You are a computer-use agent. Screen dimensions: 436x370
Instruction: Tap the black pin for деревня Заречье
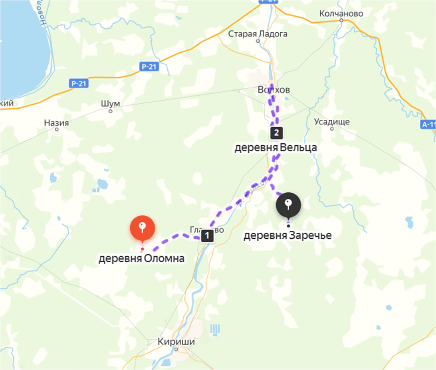289,205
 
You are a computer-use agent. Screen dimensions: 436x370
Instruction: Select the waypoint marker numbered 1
207,236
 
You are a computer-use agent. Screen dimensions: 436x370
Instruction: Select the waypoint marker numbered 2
275,133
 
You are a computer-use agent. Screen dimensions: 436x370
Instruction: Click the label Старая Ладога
258,34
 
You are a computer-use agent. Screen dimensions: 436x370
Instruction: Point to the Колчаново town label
341,14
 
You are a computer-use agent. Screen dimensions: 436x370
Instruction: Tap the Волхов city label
273,90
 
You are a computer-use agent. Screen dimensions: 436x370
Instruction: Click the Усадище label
332,121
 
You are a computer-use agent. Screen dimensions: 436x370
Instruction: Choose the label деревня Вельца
275,148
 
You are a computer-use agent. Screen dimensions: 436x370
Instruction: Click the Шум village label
111,104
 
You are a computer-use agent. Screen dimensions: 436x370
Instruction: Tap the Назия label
57,123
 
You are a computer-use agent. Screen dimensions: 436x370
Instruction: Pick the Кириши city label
176,342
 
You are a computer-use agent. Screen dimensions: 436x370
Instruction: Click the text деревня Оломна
142,259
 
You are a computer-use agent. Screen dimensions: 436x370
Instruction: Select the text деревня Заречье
287,235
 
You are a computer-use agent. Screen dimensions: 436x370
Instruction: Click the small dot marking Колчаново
341,20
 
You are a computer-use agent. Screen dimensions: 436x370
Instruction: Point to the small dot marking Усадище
332,129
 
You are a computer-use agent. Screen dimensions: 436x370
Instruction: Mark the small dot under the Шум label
111,111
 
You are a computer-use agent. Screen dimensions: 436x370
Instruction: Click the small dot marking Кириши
176,349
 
